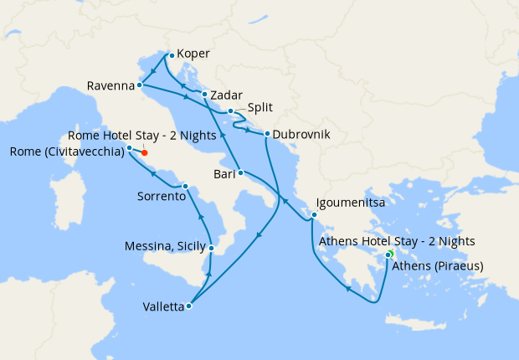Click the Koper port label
[x=193, y=54]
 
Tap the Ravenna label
[x=110, y=85]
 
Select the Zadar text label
[x=227, y=95]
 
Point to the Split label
[x=260, y=108]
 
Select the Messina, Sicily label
[x=164, y=247]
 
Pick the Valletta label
[x=161, y=306]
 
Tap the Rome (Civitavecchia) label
[x=64, y=152]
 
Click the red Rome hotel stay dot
[x=144, y=152]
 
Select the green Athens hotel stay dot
[x=391, y=254]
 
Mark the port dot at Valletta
[x=188, y=306]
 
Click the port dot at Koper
[x=171, y=55]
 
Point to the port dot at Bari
[x=240, y=173]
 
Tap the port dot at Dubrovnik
[x=266, y=134]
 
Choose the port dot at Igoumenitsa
[x=314, y=215]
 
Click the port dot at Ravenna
[x=139, y=85]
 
